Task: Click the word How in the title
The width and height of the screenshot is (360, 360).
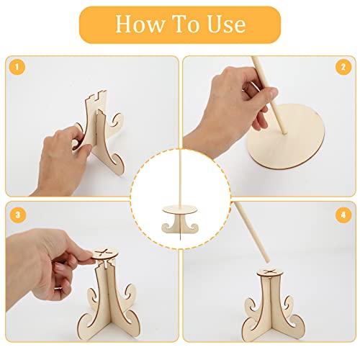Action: [x=140, y=24]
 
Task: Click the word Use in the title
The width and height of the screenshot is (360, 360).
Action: [x=226, y=24]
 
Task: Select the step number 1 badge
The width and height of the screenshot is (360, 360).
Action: [x=17, y=67]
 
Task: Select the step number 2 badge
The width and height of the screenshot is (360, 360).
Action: [x=343, y=67]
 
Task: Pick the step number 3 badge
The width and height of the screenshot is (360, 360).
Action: [x=18, y=215]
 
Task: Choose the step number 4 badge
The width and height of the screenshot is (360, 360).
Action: [x=343, y=215]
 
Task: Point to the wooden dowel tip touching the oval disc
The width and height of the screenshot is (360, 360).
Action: [x=285, y=132]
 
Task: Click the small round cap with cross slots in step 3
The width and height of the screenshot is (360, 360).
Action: [x=106, y=254]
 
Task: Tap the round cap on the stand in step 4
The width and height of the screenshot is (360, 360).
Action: [x=269, y=273]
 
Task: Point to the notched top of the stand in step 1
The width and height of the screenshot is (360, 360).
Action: [x=96, y=96]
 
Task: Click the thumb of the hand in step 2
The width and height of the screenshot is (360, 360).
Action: [x=271, y=93]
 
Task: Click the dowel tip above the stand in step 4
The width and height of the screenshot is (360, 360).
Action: [x=267, y=261]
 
